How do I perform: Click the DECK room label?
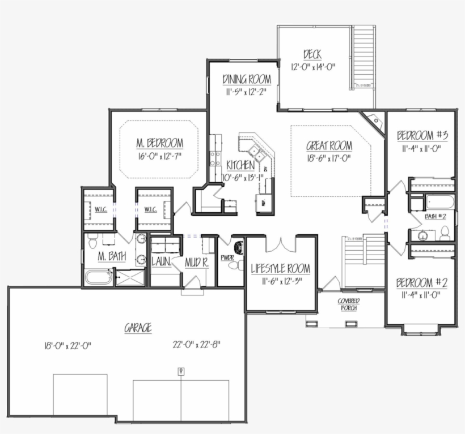312,54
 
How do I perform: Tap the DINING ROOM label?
246,79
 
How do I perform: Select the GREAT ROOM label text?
329,146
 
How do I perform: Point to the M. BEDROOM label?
159,142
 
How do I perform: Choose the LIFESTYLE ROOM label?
280,268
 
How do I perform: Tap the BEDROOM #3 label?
422,135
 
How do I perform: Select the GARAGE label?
138,328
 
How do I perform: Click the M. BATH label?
112,257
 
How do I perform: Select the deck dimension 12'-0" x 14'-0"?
314,67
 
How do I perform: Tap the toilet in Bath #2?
445,233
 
